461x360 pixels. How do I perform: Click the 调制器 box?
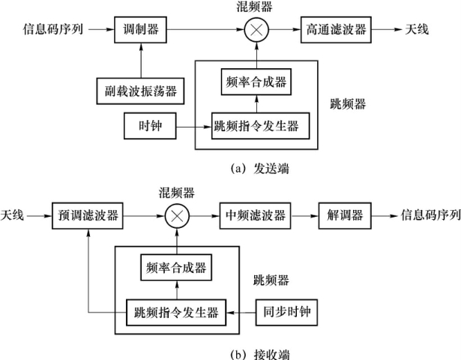click(x=137, y=31)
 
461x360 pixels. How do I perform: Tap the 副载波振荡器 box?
click(x=140, y=90)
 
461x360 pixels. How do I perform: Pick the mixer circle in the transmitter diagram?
click(x=256, y=31)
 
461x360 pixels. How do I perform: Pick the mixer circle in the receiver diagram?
click(x=177, y=215)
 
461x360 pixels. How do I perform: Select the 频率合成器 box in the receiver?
click(x=177, y=267)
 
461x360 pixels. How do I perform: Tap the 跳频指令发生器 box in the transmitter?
click(x=259, y=124)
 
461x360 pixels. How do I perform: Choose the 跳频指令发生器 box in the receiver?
click(x=177, y=308)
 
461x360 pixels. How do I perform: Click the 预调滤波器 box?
click(x=87, y=216)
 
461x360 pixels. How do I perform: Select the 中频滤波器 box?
click(x=254, y=216)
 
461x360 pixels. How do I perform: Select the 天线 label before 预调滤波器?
click(x=13, y=216)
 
